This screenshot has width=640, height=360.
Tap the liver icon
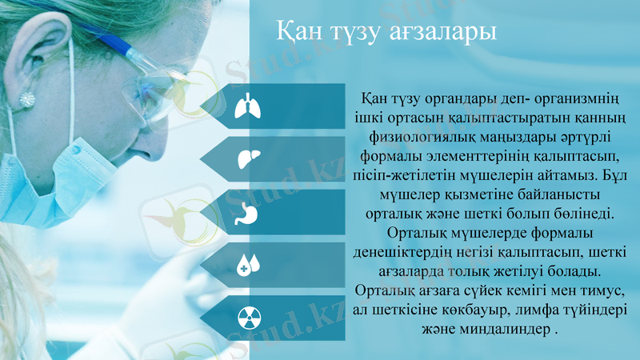(247, 159)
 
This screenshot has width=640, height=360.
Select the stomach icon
(247, 213)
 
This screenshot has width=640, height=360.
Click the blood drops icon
(249, 265)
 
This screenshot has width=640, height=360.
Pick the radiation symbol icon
(248, 318)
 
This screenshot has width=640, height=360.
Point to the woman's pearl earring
(27, 99)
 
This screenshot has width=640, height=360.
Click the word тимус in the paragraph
(594, 288)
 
